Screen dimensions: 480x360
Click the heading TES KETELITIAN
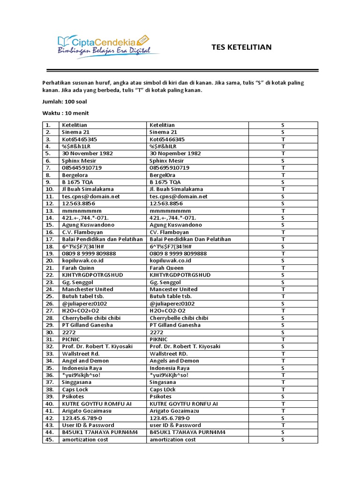tap(241, 47)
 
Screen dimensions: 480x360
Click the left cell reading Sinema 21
tap(75, 132)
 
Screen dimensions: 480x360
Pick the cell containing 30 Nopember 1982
tap(175, 153)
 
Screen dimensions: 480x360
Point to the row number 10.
tap(50, 189)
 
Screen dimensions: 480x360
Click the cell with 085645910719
tap(82, 168)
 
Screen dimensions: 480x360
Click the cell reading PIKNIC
tap(159, 339)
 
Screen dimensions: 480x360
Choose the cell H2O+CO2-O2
tap(167, 311)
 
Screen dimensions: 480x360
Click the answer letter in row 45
tap(283, 440)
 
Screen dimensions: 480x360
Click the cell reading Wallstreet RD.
tap(169, 353)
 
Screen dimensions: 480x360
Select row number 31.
tap(50, 339)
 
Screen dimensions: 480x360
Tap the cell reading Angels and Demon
tap(174, 361)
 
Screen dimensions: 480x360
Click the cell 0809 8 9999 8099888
tap(178, 254)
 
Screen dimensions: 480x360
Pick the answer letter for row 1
tap(283, 125)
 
